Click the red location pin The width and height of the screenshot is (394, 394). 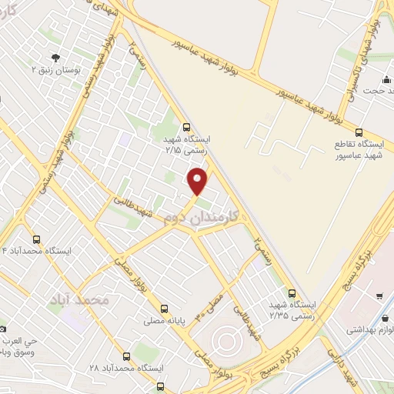point(199,181)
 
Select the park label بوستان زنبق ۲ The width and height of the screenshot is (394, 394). point(55,69)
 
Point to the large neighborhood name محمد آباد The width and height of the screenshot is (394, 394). point(80,297)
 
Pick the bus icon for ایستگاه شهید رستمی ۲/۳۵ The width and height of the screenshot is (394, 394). point(291,292)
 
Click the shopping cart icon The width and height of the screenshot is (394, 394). point(379,296)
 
